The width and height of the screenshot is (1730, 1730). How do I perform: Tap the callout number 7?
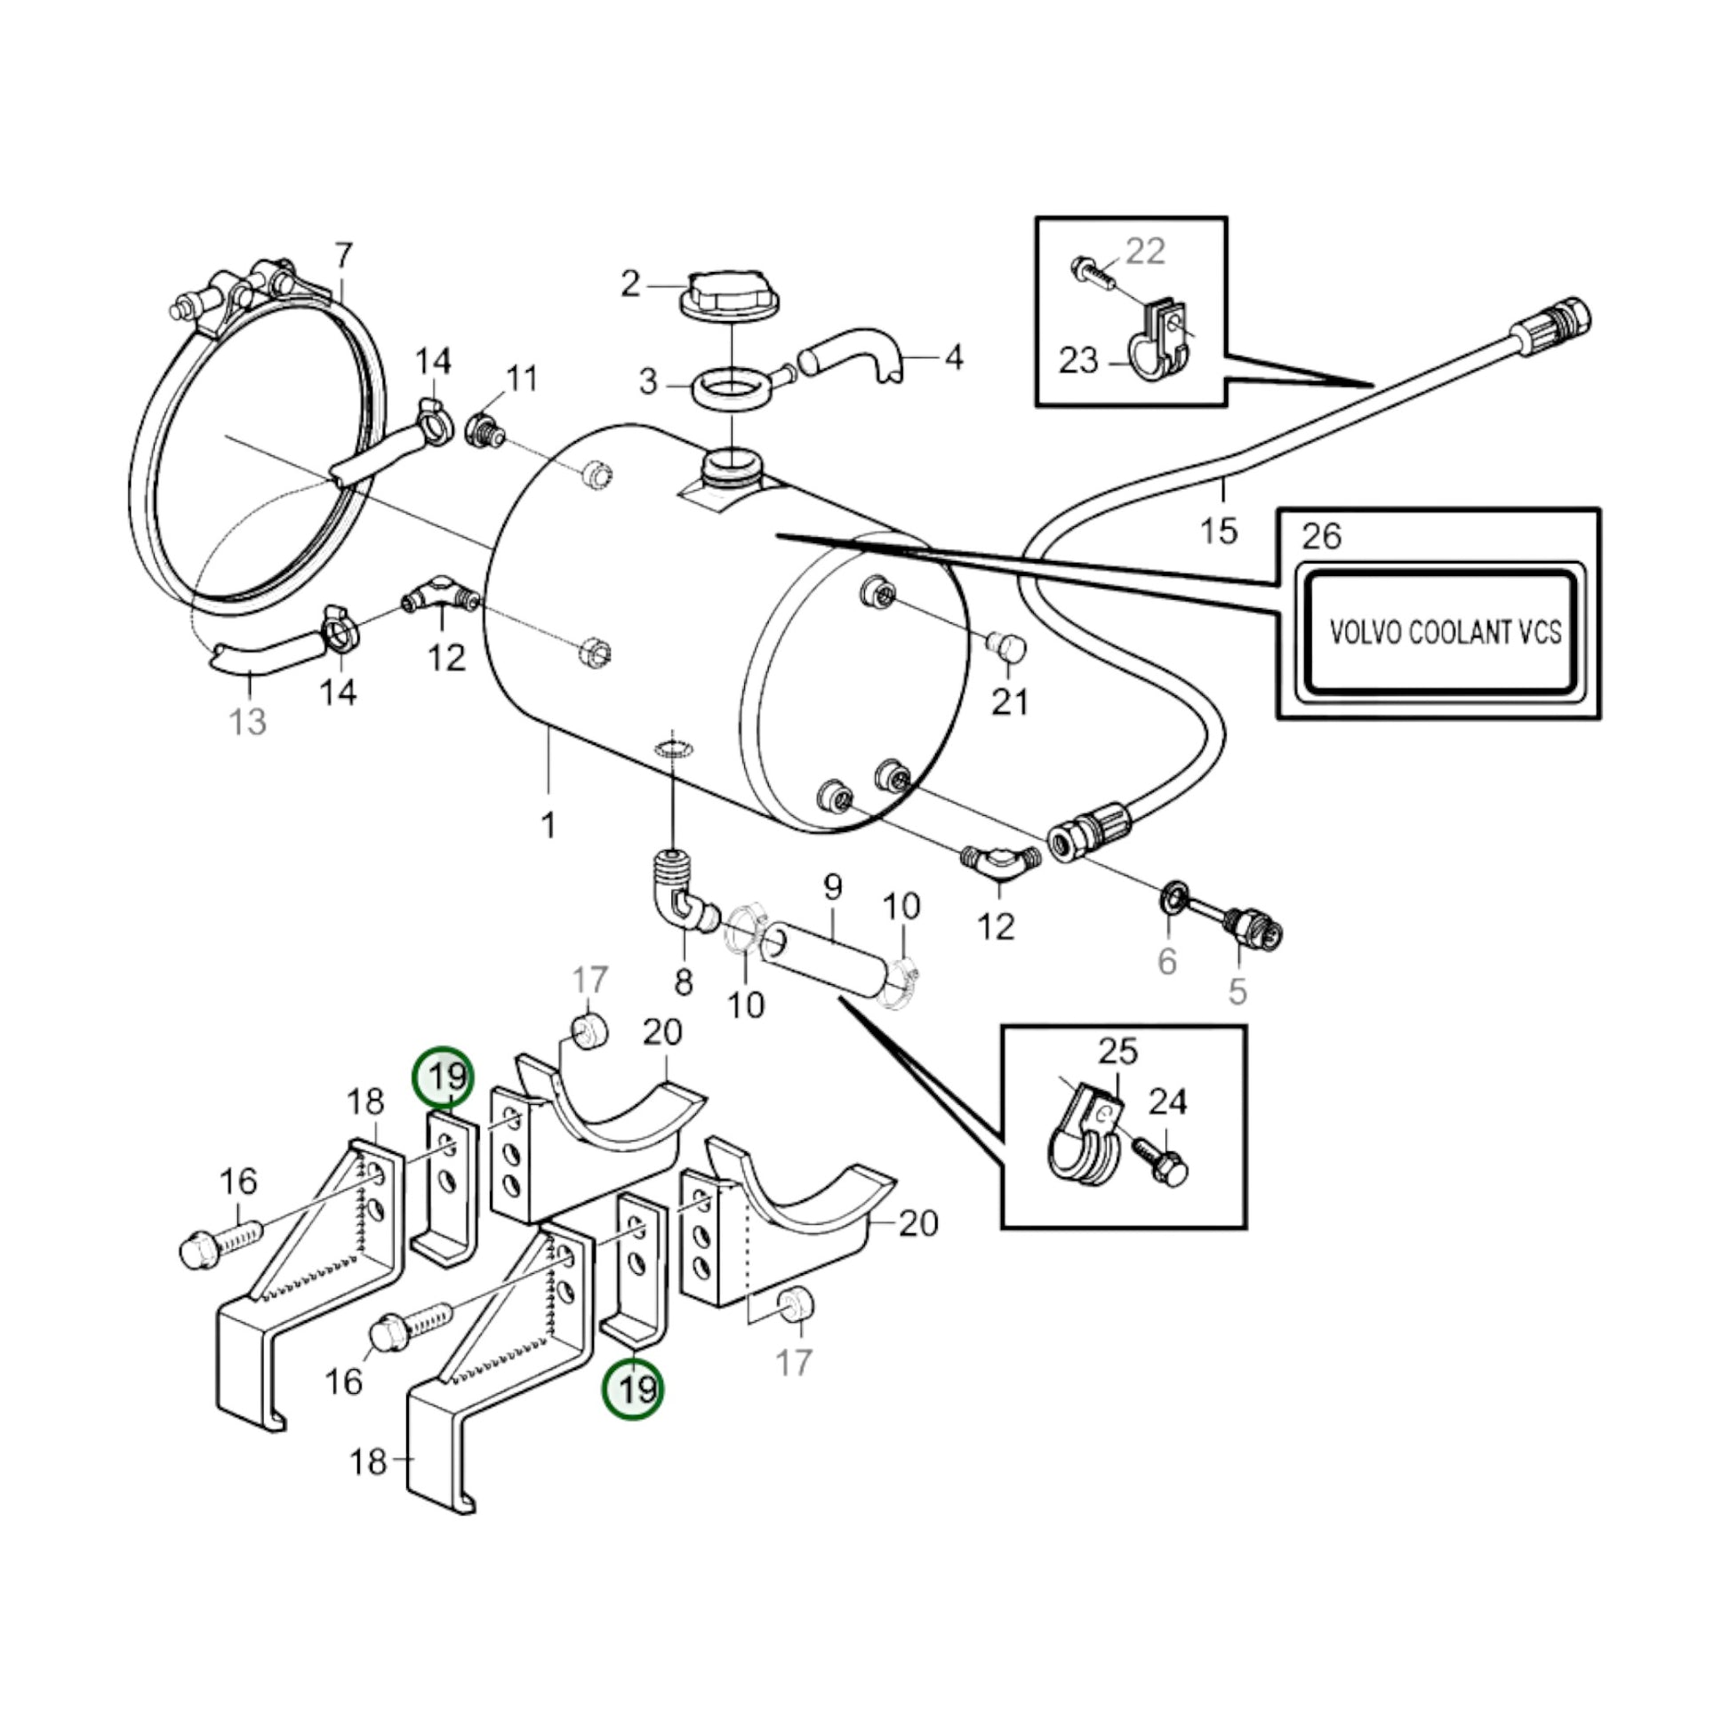coord(344,256)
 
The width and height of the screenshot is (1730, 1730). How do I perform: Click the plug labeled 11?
coord(484,429)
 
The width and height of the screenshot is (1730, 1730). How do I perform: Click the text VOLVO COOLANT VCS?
coord(1445,633)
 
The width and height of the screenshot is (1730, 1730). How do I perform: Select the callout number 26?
coord(1322,536)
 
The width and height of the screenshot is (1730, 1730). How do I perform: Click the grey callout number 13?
coord(248,721)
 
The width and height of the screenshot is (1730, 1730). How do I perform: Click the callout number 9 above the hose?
coord(833,887)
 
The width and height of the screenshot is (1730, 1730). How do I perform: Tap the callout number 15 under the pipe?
coord(1219,530)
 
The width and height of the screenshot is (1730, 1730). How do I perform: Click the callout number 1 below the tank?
coord(548,825)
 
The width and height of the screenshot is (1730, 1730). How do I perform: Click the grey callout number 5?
coord(1237,990)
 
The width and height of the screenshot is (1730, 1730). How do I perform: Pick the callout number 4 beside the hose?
coord(954,358)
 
